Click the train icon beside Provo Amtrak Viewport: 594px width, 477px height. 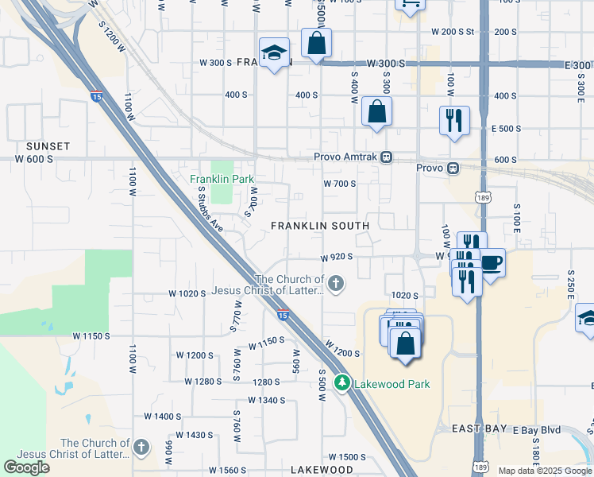point(386,157)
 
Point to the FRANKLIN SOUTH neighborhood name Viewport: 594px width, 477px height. point(320,226)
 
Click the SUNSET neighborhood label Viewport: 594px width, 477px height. point(48,146)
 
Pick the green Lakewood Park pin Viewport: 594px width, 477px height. point(342,383)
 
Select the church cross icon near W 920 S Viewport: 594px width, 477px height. point(337,283)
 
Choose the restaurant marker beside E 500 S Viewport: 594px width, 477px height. point(454,121)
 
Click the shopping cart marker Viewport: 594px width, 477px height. point(410,5)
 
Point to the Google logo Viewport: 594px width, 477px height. point(26,467)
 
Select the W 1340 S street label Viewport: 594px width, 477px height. point(266,400)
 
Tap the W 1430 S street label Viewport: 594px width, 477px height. point(195,435)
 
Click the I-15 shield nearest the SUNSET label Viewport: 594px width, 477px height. point(95,97)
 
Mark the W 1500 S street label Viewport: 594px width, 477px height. point(346,457)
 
